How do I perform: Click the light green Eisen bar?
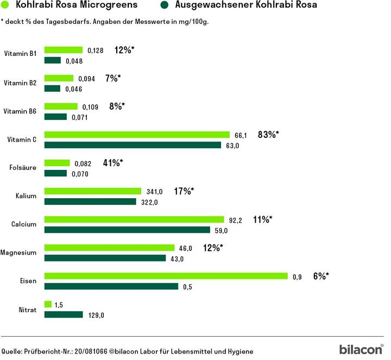[x=166, y=276]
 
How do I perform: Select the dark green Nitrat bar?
[x=63, y=314]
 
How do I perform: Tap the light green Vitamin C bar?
[x=137, y=135]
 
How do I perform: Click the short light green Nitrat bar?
[x=48, y=304]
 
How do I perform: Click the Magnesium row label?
[x=18, y=252]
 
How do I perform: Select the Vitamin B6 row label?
[x=20, y=111]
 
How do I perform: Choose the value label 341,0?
[x=155, y=191]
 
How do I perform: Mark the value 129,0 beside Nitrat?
[x=96, y=315]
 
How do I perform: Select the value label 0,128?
[x=95, y=50]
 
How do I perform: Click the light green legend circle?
[x=5, y=5]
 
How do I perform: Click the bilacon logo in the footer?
[x=361, y=349]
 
